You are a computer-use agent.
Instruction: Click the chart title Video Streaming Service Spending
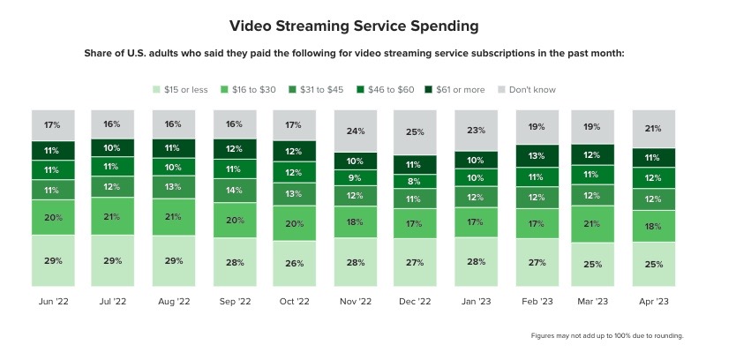coord(367,26)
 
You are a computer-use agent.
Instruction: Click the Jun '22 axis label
coord(53,302)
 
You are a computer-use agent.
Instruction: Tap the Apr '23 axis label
coord(654,302)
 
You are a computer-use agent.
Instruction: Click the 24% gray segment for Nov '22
coord(356,131)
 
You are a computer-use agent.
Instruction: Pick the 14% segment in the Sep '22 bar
coord(235,190)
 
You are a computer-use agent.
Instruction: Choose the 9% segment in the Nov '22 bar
coord(356,178)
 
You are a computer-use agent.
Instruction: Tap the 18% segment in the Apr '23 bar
coord(654,227)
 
